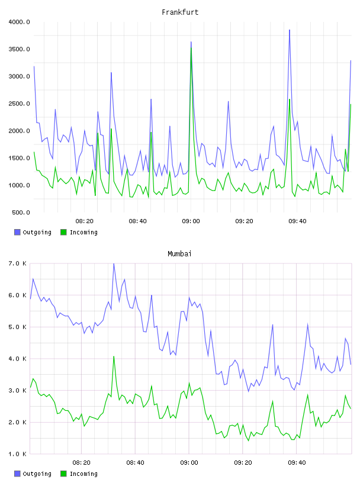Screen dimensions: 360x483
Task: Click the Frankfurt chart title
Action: point(180,12)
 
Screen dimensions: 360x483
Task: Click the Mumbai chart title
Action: point(179,254)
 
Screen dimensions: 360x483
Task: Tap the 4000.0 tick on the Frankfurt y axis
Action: point(19,22)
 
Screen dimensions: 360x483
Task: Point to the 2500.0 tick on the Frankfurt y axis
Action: point(19,104)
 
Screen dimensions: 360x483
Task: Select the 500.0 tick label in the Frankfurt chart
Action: point(21,212)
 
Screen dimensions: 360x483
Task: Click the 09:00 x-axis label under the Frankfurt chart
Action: point(191,221)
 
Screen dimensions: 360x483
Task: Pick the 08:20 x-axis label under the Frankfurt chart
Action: point(84,221)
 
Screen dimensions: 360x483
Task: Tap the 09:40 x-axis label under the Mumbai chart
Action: point(297,463)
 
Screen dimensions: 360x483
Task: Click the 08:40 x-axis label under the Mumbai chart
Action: point(135,463)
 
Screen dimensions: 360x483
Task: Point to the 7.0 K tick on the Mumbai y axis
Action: point(18,263)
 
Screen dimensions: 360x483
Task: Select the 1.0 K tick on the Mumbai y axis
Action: point(18,454)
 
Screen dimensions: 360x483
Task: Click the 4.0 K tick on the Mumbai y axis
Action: point(18,359)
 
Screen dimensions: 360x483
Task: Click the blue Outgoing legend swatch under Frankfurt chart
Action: point(17,232)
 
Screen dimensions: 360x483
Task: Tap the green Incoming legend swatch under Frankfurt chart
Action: point(63,232)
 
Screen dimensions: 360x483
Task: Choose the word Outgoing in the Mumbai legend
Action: point(37,474)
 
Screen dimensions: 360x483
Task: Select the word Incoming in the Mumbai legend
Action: point(83,474)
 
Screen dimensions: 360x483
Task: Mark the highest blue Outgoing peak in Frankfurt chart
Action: point(290,30)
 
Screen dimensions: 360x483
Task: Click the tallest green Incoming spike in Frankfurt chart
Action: point(191,48)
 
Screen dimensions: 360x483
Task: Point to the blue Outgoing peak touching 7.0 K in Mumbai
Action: point(114,263)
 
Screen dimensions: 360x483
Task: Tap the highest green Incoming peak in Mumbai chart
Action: point(114,356)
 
